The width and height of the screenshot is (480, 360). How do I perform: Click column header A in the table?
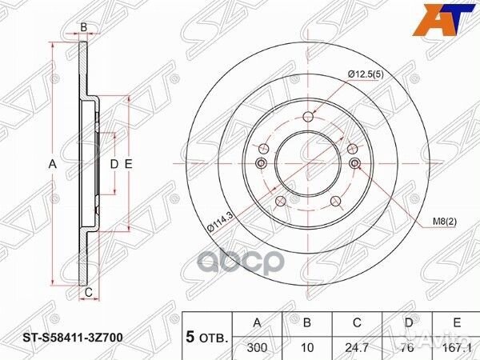coord(257,322)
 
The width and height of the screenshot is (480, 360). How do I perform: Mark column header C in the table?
coord(357,322)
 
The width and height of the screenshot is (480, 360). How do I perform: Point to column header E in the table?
coord(457,322)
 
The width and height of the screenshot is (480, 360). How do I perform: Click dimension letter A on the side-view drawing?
coord(53,164)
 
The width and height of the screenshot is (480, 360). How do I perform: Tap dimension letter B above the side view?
coord(83,28)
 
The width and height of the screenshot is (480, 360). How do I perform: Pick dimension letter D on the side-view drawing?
coord(114,164)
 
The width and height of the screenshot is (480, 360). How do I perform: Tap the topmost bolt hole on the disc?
coord(308,118)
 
